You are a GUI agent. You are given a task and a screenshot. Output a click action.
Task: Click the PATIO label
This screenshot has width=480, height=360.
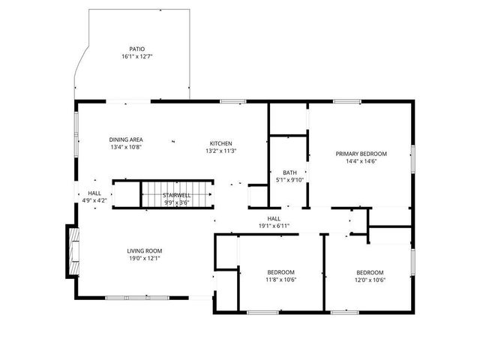tap(136, 49)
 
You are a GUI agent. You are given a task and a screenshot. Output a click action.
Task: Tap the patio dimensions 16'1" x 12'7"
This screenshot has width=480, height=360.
tap(137, 57)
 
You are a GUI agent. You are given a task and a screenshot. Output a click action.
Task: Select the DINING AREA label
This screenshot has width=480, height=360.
tap(126, 139)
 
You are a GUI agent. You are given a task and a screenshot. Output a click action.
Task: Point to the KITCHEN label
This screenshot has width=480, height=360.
tap(220, 143)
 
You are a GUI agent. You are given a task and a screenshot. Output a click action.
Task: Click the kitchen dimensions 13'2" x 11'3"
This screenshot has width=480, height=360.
tap(220, 151)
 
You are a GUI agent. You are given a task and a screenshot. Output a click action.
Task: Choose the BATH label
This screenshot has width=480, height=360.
tap(289, 172)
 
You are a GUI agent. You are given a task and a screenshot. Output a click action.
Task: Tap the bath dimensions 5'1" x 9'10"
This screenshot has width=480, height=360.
tap(289, 179)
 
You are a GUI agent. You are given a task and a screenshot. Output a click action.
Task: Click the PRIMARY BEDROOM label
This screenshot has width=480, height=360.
tap(361, 153)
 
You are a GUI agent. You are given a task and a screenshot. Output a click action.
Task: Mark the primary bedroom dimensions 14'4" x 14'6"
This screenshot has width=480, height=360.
tap(361, 160)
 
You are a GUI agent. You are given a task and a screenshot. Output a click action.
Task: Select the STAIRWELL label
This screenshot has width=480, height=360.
tap(176, 195)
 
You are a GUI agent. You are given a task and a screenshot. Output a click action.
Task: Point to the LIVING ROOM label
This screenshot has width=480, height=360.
tap(144, 250)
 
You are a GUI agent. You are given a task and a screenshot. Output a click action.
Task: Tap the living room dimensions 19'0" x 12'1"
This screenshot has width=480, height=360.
tap(144, 258)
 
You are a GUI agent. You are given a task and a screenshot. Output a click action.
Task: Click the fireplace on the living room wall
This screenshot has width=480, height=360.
tap(73, 252)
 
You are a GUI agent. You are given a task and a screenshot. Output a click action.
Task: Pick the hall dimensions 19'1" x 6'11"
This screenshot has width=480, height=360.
tap(274, 226)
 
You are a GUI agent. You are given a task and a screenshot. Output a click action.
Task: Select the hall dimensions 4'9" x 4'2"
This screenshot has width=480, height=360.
tap(94, 200)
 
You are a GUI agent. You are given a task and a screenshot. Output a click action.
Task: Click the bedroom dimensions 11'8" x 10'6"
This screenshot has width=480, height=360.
tap(281, 280)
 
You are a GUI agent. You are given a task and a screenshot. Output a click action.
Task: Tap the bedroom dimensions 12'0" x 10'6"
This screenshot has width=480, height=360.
tap(370, 280)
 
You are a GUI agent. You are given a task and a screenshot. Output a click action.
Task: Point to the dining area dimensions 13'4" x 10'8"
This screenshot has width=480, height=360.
tap(126, 147)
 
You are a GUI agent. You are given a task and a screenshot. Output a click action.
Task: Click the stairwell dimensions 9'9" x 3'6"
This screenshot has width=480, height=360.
tap(176, 202)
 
